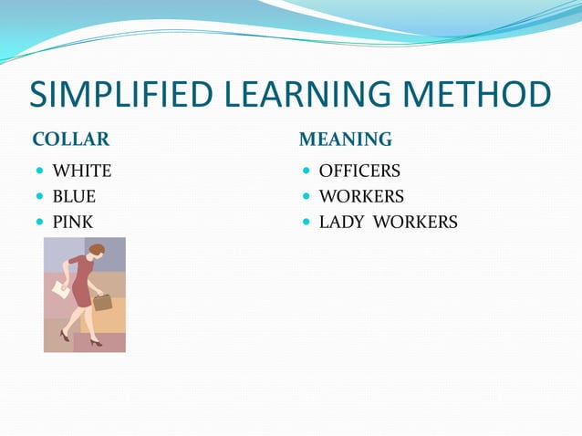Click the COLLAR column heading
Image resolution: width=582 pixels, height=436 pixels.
click(x=70, y=140)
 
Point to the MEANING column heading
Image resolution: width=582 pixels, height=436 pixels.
click(x=346, y=140)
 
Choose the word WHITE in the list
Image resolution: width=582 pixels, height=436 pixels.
click(x=81, y=171)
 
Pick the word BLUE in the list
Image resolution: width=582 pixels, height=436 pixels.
click(x=74, y=196)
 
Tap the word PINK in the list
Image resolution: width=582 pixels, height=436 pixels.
click(x=72, y=222)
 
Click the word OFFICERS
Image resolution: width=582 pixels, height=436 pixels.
click(x=359, y=171)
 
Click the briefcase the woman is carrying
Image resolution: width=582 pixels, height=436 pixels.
click(x=102, y=302)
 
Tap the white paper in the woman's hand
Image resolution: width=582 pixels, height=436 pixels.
click(x=60, y=288)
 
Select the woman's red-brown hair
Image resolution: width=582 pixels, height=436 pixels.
click(x=96, y=249)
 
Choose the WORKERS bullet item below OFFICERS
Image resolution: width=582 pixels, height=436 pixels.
click(x=361, y=196)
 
